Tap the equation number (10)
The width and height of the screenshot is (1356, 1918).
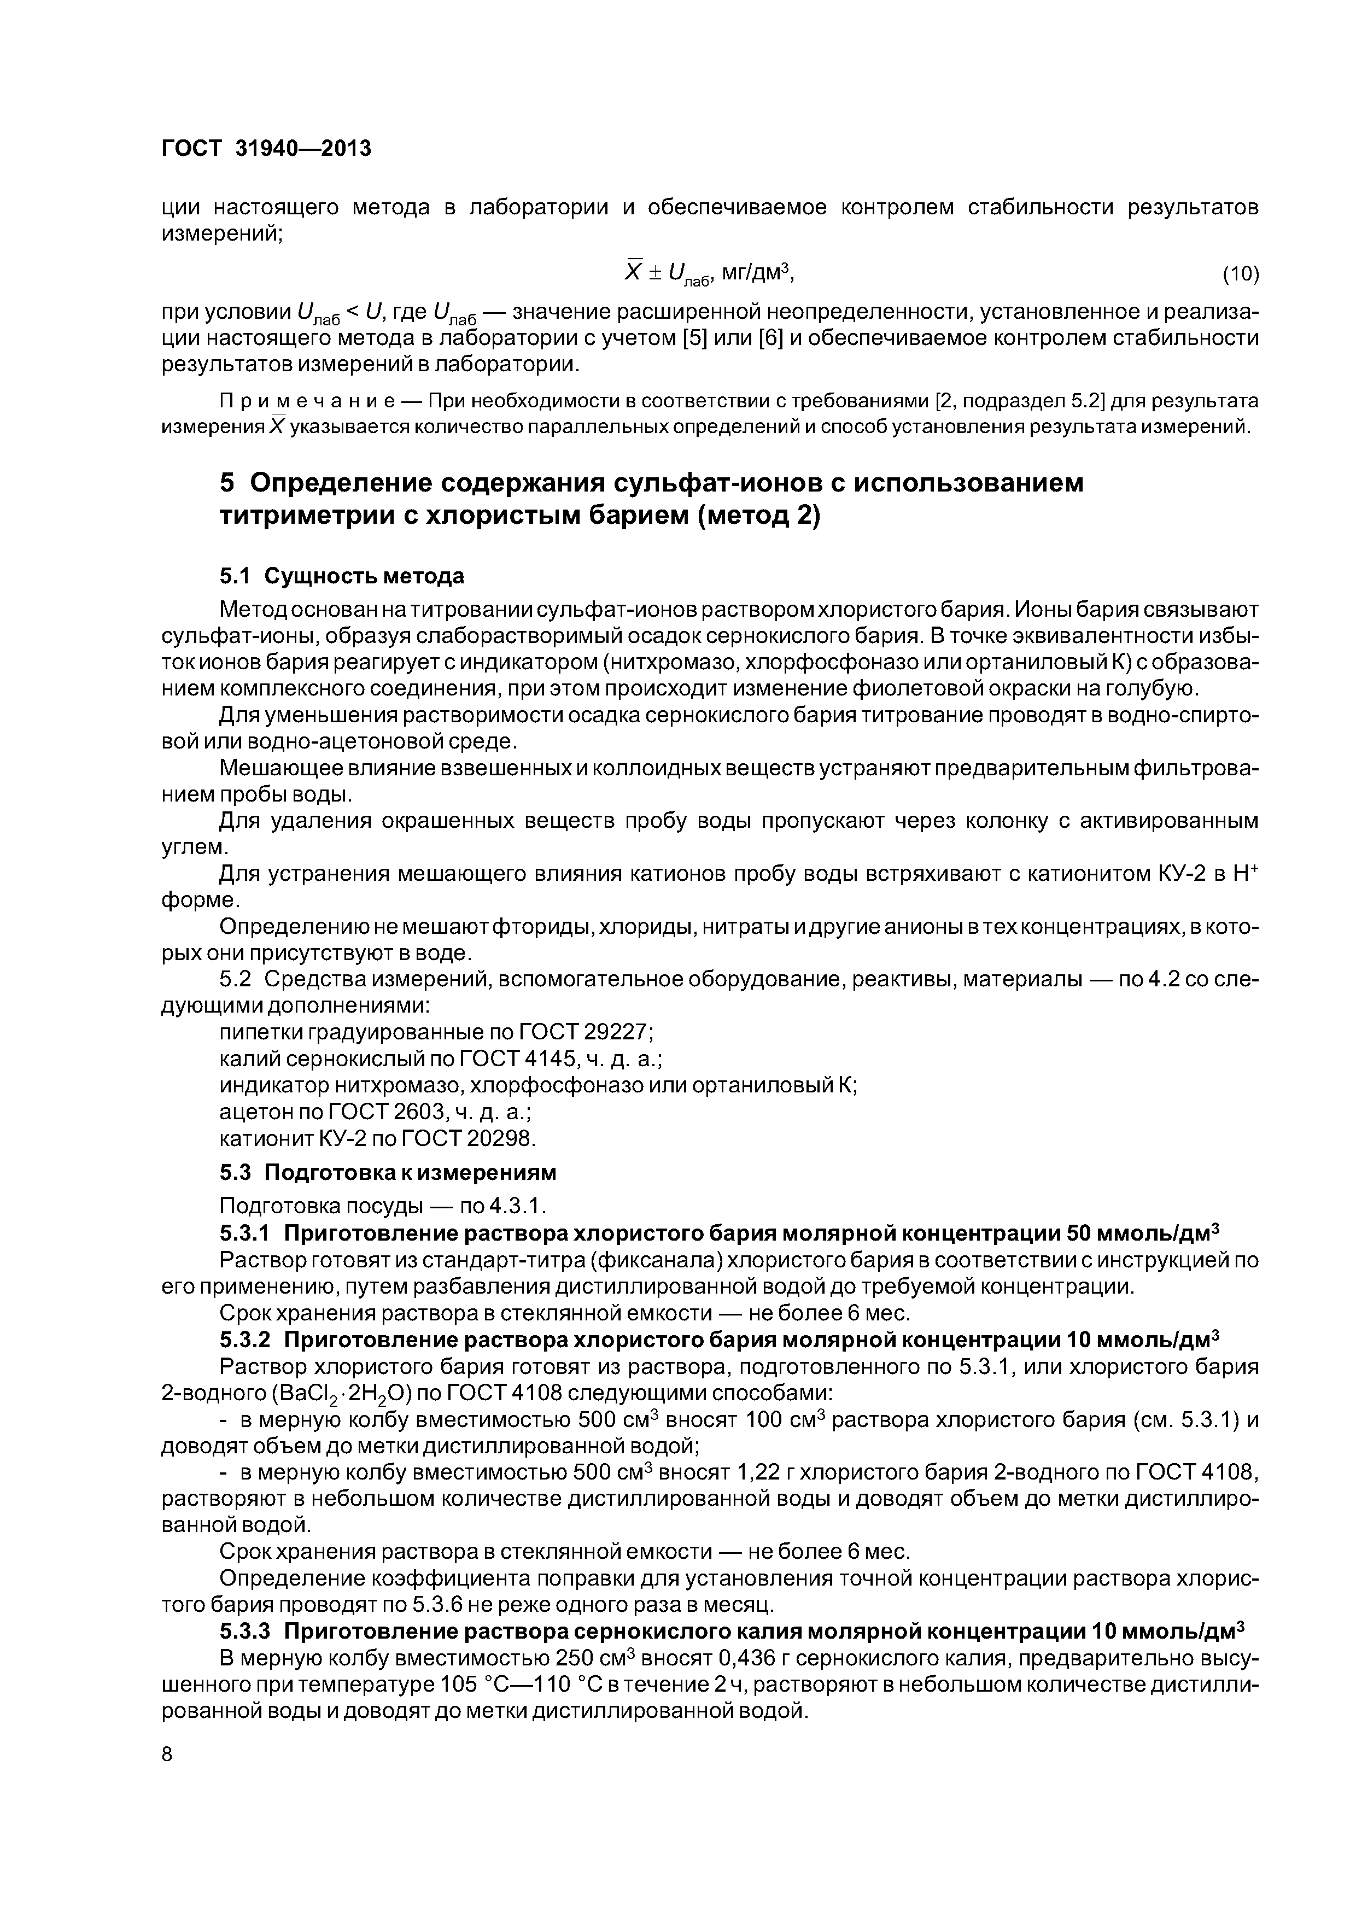tap(1240, 273)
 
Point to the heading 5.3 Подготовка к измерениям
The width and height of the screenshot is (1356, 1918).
tap(387, 1172)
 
